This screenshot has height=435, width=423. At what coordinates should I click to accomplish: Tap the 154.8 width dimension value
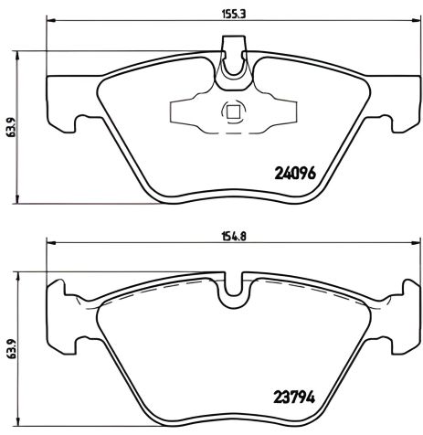click(212, 235)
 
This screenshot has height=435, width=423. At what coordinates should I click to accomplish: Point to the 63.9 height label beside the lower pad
click(11, 351)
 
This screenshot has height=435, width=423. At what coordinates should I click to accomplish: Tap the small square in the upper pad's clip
click(232, 112)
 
